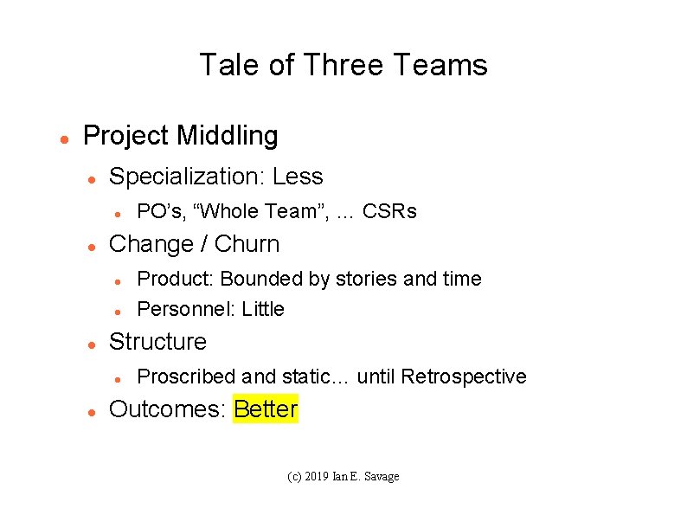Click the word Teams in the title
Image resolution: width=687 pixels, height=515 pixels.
click(440, 65)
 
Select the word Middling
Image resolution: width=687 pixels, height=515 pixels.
click(228, 136)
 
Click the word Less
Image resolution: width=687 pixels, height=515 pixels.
click(298, 177)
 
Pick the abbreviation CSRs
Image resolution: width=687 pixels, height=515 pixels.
click(389, 211)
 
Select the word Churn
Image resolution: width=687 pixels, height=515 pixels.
click(247, 244)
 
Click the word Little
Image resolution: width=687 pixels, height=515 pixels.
click(263, 309)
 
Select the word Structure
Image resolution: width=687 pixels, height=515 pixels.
click(157, 342)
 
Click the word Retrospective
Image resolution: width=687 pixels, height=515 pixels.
click(464, 377)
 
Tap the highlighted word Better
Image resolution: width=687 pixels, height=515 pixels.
click(266, 409)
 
